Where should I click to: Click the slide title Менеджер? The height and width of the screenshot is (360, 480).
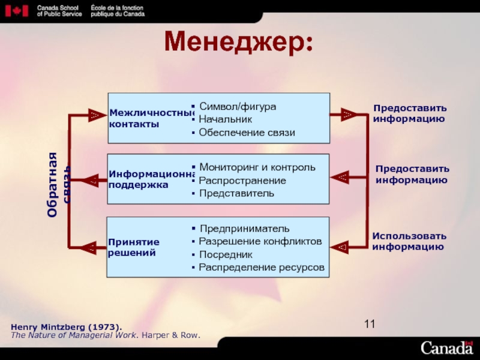tap(239, 42)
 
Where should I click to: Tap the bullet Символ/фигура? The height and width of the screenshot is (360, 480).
tap(238, 106)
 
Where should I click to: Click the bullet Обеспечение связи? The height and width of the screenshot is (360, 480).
tap(247, 133)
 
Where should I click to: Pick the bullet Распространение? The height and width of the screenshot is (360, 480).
tap(242, 180)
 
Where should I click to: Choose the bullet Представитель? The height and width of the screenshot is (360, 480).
tap(236, 193)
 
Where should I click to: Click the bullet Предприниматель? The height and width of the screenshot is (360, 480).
tap(244, 229)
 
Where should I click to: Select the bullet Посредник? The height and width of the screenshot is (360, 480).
tap(230, 254)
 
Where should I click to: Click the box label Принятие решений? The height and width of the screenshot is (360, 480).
tap(134, 247)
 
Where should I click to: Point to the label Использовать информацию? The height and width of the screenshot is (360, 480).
tap(409, 241)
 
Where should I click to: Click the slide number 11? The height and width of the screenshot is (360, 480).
tap(370, 325)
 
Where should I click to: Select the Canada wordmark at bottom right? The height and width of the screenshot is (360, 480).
tap(446, 347)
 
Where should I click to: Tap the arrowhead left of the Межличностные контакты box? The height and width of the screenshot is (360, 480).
tap(94, 114)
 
